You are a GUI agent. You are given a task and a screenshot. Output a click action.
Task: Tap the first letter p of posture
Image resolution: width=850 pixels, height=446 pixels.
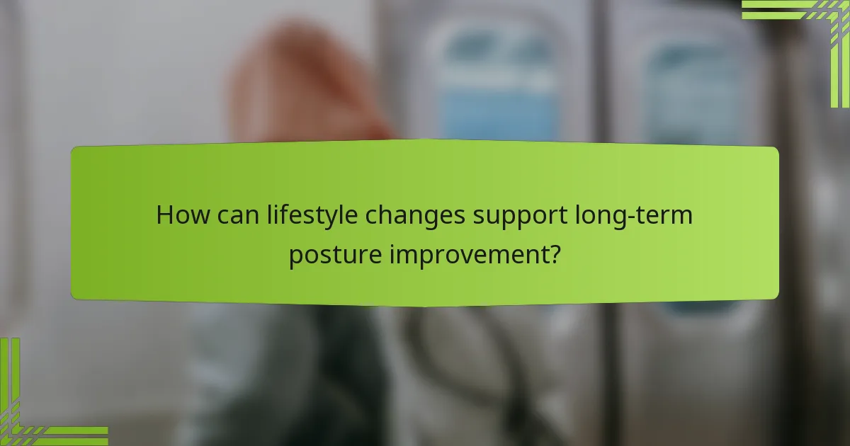click(x=295, y=256)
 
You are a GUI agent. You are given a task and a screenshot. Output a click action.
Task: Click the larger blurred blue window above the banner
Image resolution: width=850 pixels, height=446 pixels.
click(x=499, y=85)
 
